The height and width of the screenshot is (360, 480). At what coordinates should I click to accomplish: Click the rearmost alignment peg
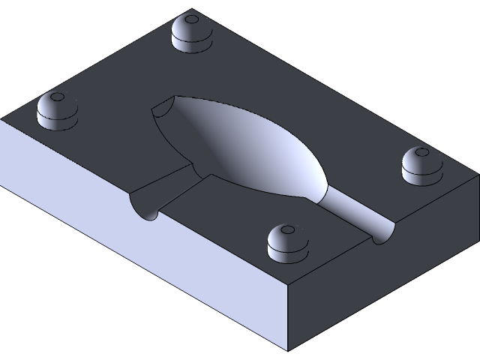pos(191,33)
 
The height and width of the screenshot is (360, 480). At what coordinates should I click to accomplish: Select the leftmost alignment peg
pos(57,110)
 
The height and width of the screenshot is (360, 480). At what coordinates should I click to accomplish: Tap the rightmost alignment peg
pos(421,165)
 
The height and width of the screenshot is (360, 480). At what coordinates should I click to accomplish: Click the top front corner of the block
pos(288,286)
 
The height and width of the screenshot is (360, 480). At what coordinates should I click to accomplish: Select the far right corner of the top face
pos(478,174)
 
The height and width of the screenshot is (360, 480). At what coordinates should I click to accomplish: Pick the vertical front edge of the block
pos(288,319)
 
